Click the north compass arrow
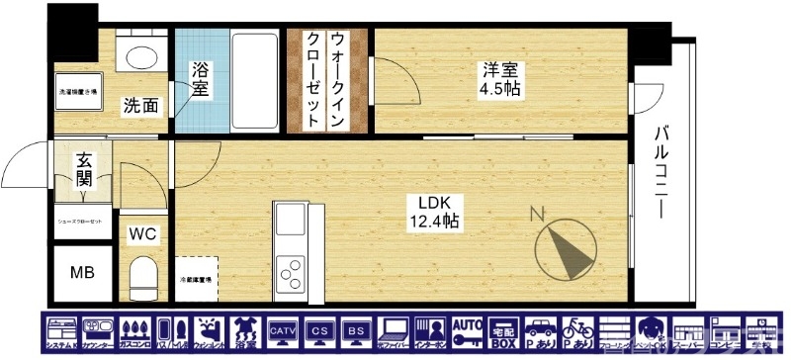click(x=565, y=247)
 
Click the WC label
click(x=143, y=235)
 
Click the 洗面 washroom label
click(x=140, y=105)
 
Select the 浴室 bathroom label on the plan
click(x=201, y=80)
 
